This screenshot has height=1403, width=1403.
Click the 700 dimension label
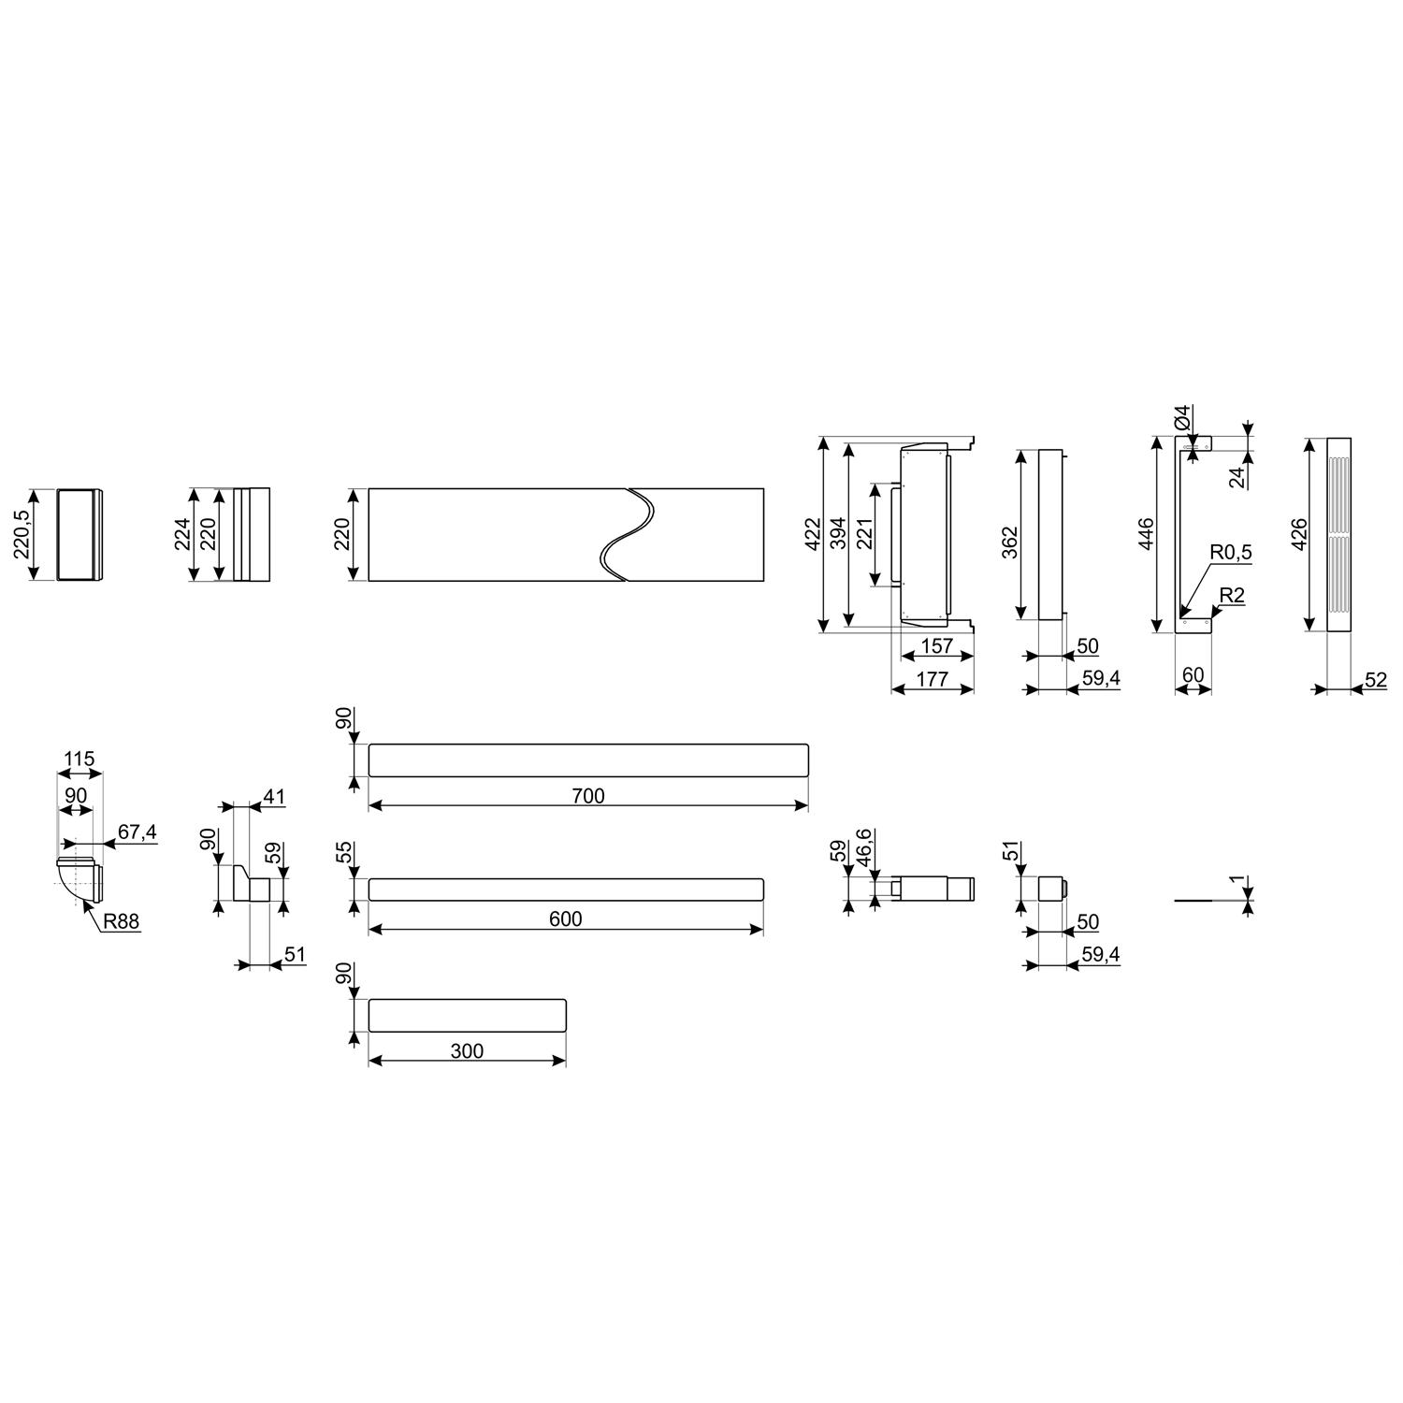pyautogui.click(x=588, y=796)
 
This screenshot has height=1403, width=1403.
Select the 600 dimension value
pyautogui.click(x=566, y=919)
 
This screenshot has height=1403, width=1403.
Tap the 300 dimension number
pyautogui.click(x=467, y=1051)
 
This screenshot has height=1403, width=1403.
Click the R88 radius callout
pyautogui.click(x=121, y=921)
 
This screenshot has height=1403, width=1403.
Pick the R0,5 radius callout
pyautogui.click(x=1230, y=553)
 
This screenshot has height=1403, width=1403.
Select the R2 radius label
pyautogui.click(x=1233, y=596)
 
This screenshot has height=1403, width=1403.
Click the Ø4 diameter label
pyautogui.click(x=1182, y=417)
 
